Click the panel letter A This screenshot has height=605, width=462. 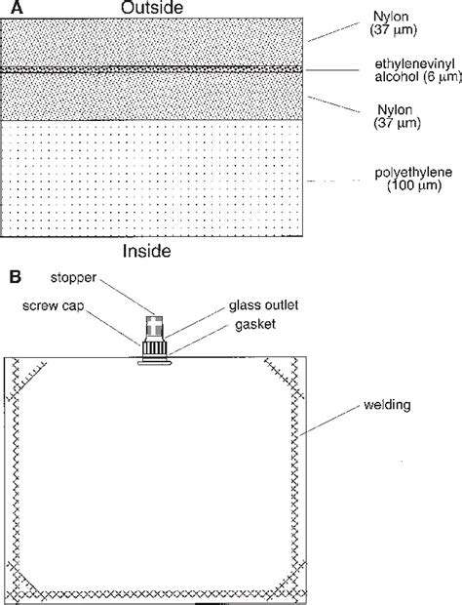tap(9, 9)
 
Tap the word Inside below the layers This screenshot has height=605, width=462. tap(148, 252)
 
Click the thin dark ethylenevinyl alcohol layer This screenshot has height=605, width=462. tap(146, 70)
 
